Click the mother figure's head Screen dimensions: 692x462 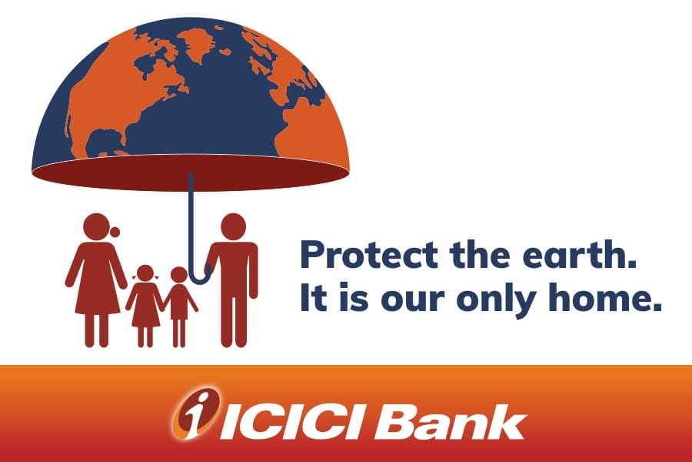click(96, 227)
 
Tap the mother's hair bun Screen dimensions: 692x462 click(115, 232)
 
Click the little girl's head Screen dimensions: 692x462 click(145, 273)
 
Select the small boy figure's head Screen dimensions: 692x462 click(178, 275)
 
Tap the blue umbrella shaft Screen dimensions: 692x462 click(191, 221)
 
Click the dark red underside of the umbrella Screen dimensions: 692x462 click(191, 173)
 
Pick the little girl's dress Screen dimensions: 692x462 click(145, 306)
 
